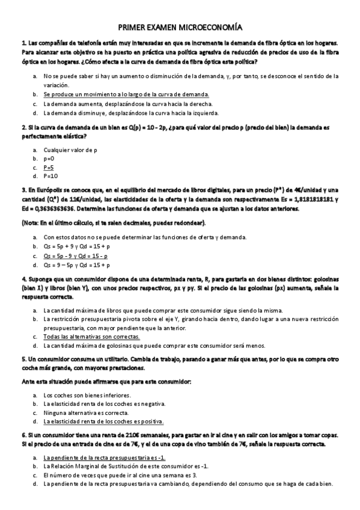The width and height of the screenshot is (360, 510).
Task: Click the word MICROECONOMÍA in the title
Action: coord(208,28)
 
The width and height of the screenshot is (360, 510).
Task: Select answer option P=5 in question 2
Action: coord(49,167)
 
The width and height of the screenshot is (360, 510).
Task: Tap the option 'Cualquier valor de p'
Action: coord(70,149)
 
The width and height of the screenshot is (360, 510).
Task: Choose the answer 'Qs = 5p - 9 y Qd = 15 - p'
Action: coord(76,256)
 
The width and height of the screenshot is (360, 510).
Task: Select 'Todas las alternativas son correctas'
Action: coord(91,337)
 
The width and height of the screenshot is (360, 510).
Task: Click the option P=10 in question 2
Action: coord(50,176)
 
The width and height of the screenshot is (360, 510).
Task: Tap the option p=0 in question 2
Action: coord(49,158)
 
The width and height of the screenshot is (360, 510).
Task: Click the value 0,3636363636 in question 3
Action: coord(52,209)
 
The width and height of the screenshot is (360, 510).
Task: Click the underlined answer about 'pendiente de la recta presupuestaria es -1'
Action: coord(96,458)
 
